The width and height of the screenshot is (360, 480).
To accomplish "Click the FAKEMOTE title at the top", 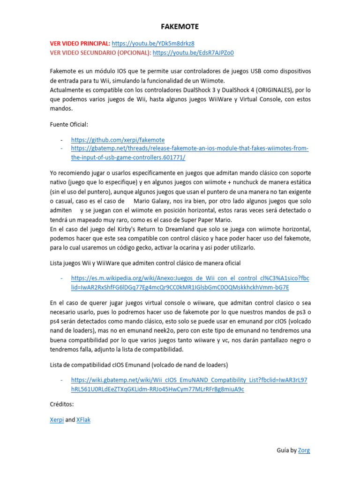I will click(x=180, y=27).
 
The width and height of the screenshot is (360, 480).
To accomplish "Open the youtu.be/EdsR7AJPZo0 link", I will click(x=193, y=52).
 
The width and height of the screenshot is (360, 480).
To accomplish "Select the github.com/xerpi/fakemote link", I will click(x=118, y=140).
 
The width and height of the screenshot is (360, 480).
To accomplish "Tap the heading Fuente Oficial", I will click(x=69, y=124).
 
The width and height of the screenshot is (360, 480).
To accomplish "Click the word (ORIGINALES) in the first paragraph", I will click(x=270, y=90).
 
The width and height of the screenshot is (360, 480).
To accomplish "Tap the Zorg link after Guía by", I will click(x=304, y=450).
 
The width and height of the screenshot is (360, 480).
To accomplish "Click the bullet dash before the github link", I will click(x=62, y=140).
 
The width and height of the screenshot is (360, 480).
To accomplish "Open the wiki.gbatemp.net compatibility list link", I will click(x=189, y=380).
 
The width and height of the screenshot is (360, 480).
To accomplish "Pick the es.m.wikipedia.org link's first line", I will click(x=190, y=278).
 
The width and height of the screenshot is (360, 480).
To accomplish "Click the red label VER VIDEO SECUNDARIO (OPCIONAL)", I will click(x=100, y=52).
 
